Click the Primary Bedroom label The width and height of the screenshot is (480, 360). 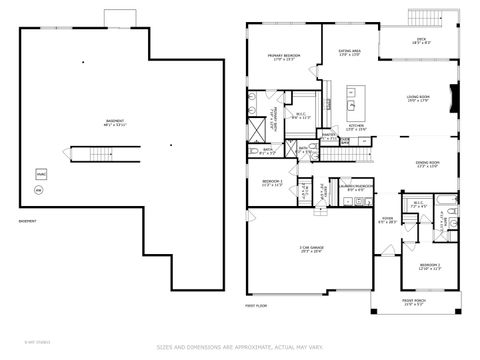pyautogui.click(x=284, y=57)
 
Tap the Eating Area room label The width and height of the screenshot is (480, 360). pyautogui.click(x=349, y=52)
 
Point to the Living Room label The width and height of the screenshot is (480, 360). pyautogui.click(x=418, y=99)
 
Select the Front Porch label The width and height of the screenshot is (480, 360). pyautogui.click(x=415, y=301)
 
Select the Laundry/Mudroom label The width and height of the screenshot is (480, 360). pyautogui.click(x=356, y=186)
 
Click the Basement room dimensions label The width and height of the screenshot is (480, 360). pyautogui.click(x=115, y=124)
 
